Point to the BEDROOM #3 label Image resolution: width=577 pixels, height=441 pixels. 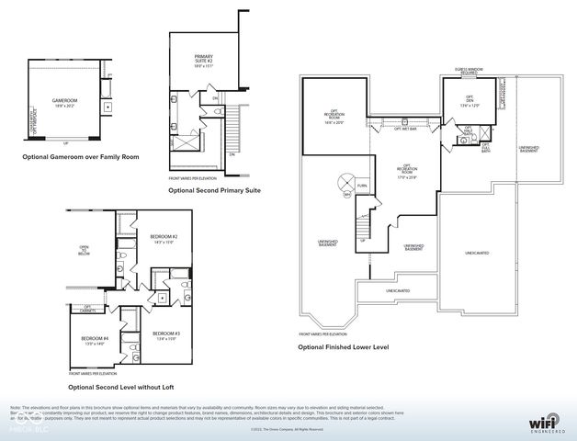[x=165, y=334]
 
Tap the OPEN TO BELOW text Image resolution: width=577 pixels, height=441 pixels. [x=84, y=250]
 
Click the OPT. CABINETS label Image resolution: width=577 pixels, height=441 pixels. [x=88, y=308]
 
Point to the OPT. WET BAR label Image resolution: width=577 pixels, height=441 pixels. [x=405, y=129]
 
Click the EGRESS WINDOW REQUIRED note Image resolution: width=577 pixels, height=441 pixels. [x=470, y=71]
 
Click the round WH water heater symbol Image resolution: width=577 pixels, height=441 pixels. [x=347, y=194]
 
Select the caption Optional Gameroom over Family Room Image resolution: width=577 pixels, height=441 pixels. [x=81, y=157]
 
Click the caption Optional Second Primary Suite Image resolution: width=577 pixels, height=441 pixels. [x=214, y=190]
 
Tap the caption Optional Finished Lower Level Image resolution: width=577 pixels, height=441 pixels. [x=343, y=348]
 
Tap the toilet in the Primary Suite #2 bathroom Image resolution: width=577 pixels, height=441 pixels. [x=174, y=100]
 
